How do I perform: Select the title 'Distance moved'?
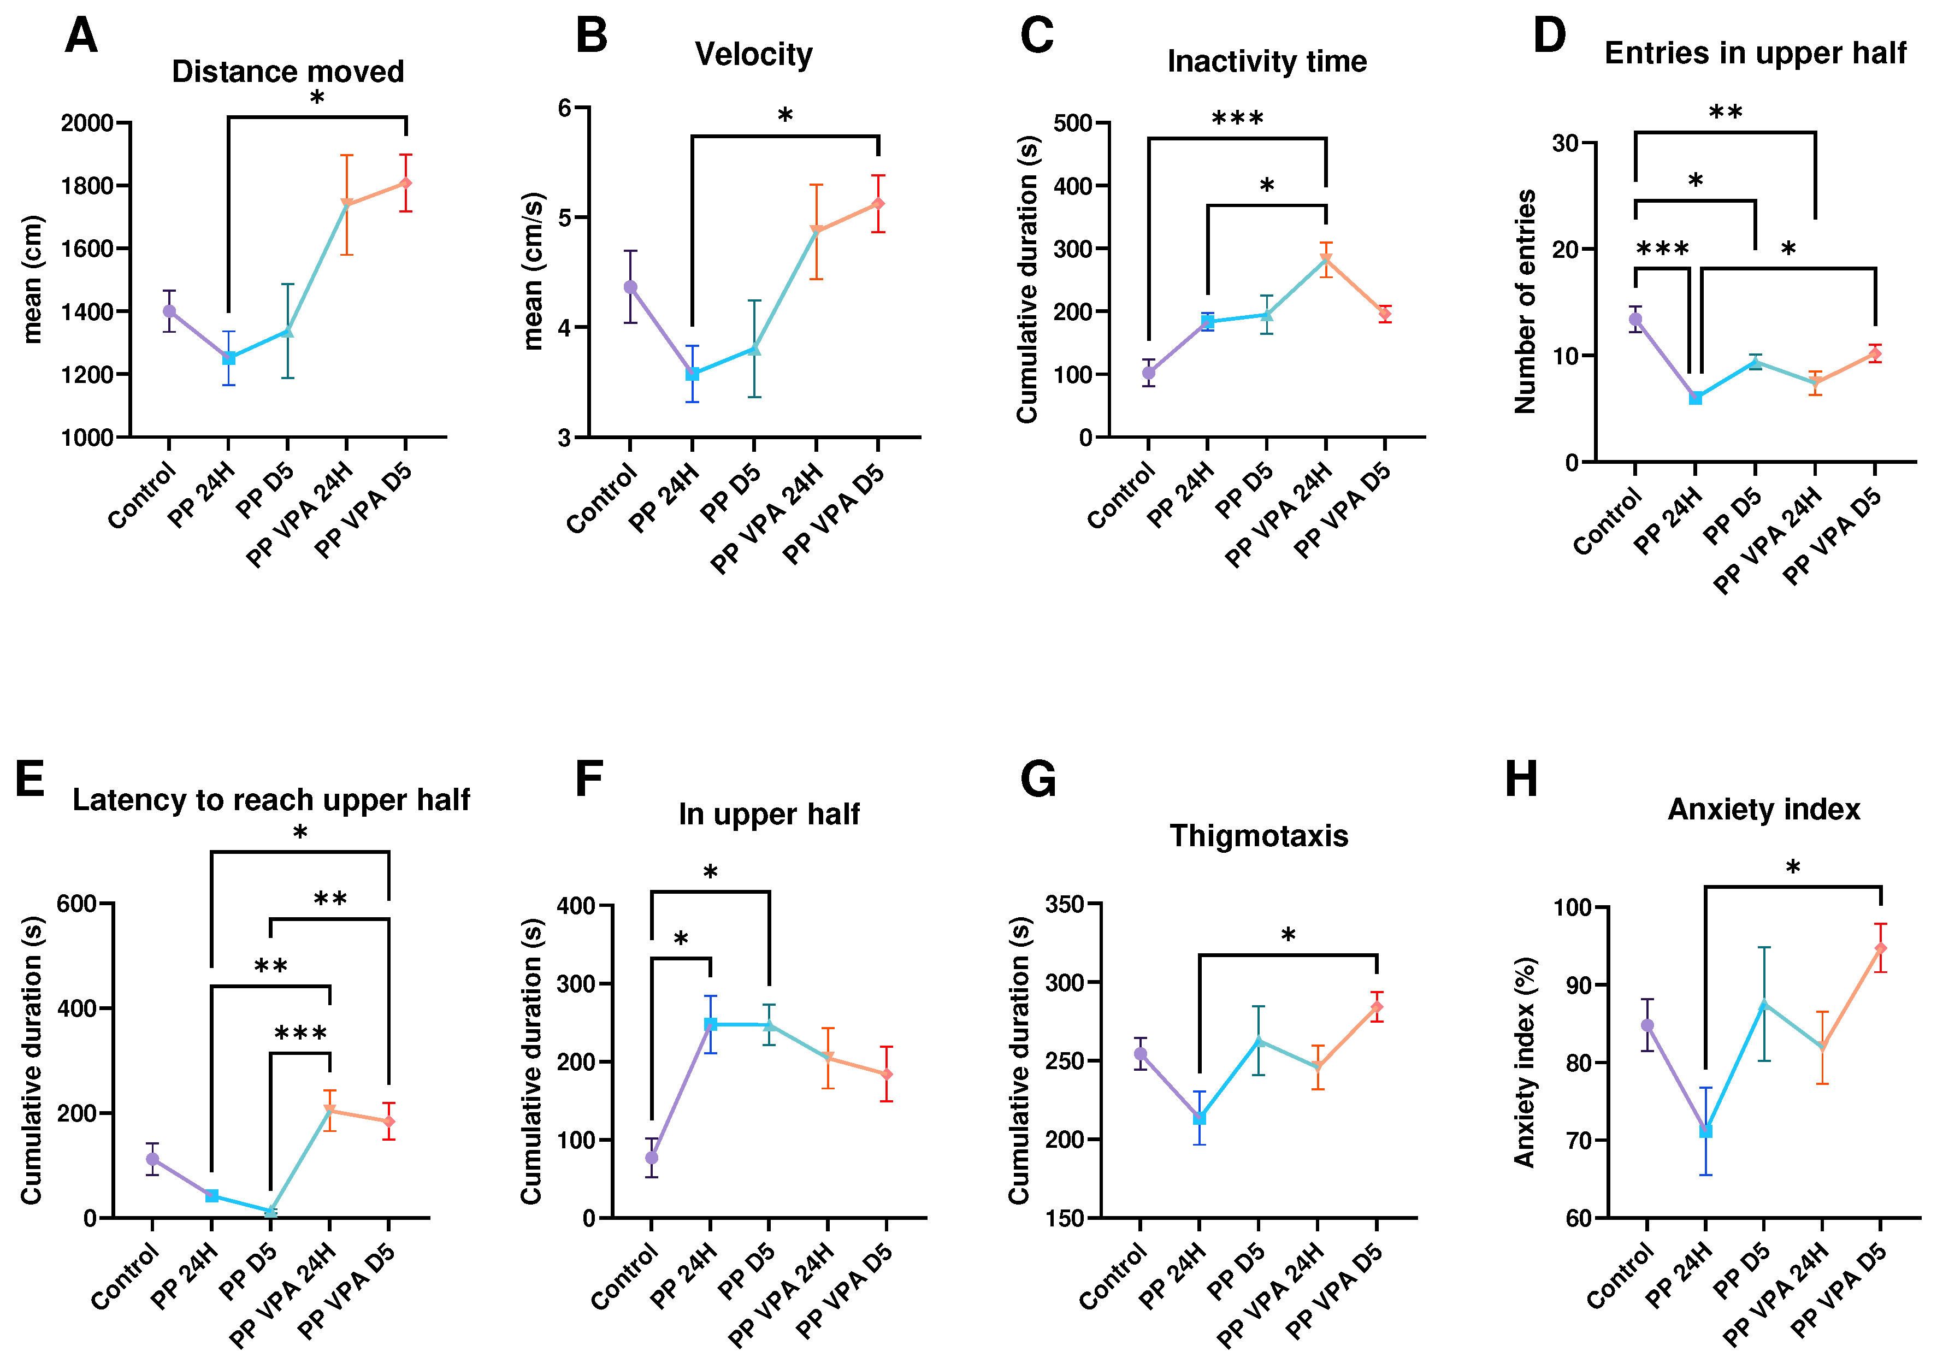pyautogui.click(x=288, y=72)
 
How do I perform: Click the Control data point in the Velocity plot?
pyautogui.click(x=630, y=287)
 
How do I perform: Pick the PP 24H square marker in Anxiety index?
pyautogui.click(x=1705, y=1130)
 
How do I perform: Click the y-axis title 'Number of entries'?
pyautogui.click(x=1525, y=302)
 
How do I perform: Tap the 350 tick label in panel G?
pyautogui.click(x=1064, y=905)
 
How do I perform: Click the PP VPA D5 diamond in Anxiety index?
pyautogui.click(x=1881, y=948)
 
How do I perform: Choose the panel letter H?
pyautogui.click(x=1521, y=779)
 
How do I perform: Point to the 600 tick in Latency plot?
pyautogui.click(x=76, y=904)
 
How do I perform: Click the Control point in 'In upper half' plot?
pyautogui.click(x=651, y=1157)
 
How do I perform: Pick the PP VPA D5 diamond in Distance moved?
pyautogui.click(x=406, y=183)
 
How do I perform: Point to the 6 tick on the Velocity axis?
pyautogui.click(x=564, y=108)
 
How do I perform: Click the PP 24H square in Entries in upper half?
pyautogui.click(x=1695, y=398)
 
